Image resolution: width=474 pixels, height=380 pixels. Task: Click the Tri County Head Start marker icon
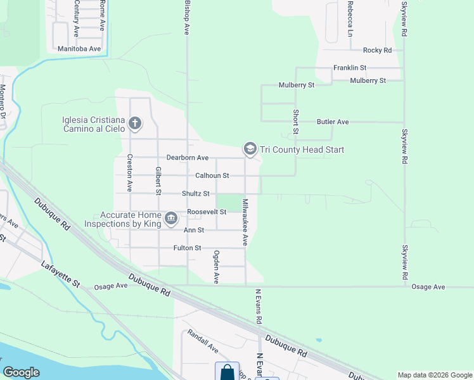pyautogui.click(x=250, y=149)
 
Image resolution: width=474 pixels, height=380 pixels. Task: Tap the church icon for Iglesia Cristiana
pyautogui.click(x=134, y=123)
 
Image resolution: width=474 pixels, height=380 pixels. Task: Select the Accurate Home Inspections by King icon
pyautogui.click(x=171, y=219)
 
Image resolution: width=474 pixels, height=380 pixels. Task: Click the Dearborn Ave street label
pyautogui.click(x=188, y=157)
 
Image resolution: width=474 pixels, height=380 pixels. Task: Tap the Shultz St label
pyautogui.click(x=195, y=194)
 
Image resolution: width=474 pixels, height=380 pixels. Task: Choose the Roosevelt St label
pyautogui.click(x=207, y=212)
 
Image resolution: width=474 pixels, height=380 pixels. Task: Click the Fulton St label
pyautogui.click(x=187, y=248)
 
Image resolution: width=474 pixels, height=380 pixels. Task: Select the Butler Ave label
pyautogui.click(x=333, y=122)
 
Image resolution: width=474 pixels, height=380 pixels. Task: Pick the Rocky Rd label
pyautogui.click(x=378, y=50)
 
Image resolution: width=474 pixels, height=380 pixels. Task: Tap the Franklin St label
pyautogui.click(x=350, y=67)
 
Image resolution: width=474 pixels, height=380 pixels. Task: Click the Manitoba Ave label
pyautogui.click(x=79, y=49)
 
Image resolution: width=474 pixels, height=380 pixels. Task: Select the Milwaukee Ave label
pyautogui.click(x=245, y=222)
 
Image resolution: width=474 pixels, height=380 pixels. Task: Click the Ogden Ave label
pyautogui.click(x=216, y=266)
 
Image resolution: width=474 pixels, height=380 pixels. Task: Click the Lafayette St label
pyautogui.click(x=61, y=275)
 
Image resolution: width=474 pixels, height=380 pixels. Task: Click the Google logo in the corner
pyautogui.click(x=22, y=372)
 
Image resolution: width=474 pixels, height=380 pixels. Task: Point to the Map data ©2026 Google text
pyautogui.click(x=435, y=375)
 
